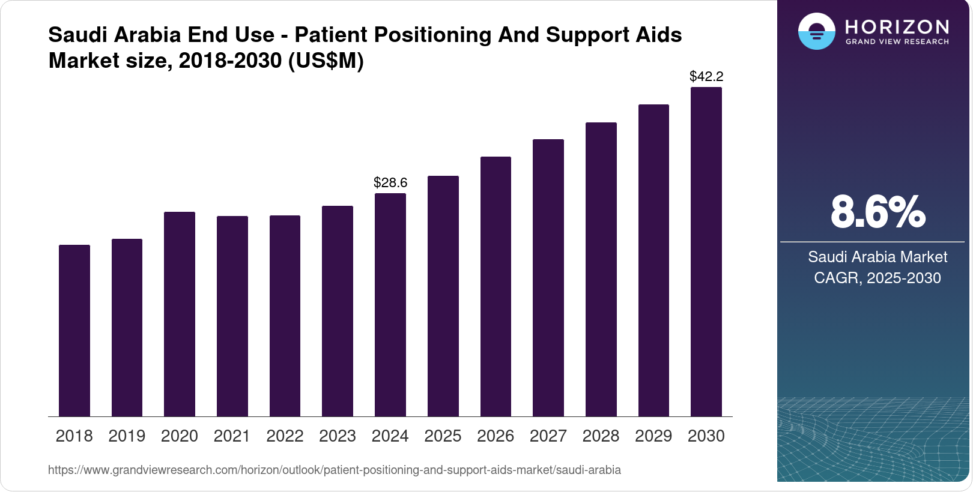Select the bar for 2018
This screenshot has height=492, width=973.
pos(74,330)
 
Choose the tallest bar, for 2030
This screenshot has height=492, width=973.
pos(706,252)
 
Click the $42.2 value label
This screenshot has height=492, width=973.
pos(706,77)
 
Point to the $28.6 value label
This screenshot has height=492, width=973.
pos(390,183)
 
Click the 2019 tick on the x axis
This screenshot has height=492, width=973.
pos(127,436)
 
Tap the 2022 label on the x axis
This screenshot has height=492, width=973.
pos(285,436)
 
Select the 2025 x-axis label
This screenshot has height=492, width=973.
pos(443,436)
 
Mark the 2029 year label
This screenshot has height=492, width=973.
pos(653,436)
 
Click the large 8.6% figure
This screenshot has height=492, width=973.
pos(878,212)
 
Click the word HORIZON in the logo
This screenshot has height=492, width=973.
pos(897,27)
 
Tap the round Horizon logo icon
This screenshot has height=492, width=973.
pos(816,31)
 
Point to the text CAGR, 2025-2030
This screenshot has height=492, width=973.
pos(878,278)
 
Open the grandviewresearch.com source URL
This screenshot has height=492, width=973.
pos(335,470)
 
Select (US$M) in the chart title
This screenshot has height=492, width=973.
pos(326,61)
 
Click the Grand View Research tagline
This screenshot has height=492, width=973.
pos(897,42)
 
